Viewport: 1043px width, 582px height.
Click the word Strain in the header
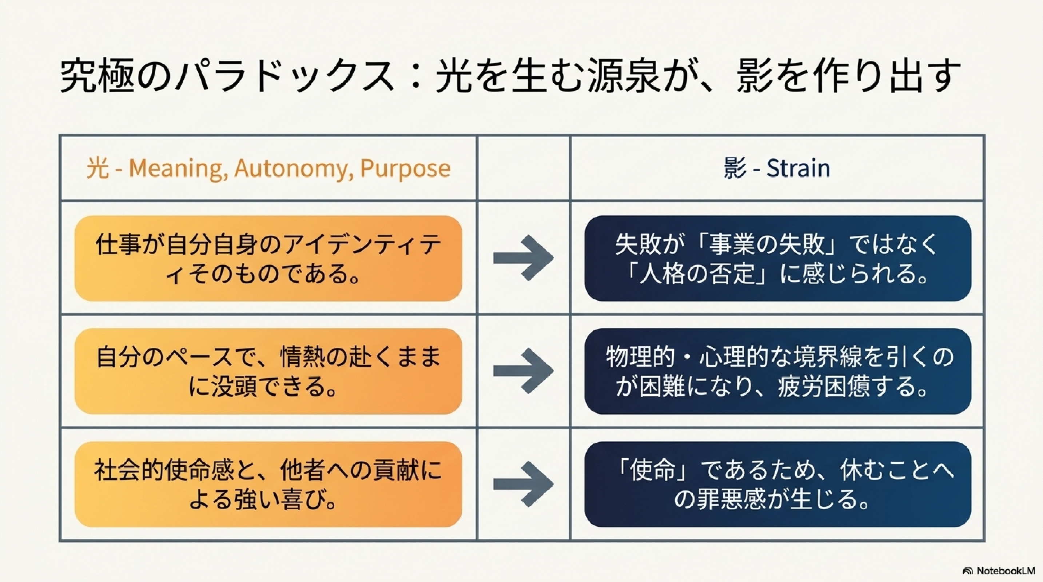[798, 168]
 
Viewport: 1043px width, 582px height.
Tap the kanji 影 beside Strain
[735, 168]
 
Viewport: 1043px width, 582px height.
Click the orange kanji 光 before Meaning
[97, 168]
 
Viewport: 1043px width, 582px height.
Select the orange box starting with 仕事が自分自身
[268, 258]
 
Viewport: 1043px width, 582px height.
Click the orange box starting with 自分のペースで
[268, 371]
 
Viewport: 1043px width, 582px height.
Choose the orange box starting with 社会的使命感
[268, 484]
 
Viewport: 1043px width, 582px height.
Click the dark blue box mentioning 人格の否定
[778, 258]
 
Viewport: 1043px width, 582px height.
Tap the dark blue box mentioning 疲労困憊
[778, 371]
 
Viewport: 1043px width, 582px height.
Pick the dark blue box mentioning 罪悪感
[778, 484]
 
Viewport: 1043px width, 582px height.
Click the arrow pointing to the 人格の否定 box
[523, 258]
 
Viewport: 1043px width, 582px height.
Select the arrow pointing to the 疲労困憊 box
[523, 371]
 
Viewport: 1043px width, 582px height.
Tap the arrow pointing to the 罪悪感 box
[523, 484]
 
